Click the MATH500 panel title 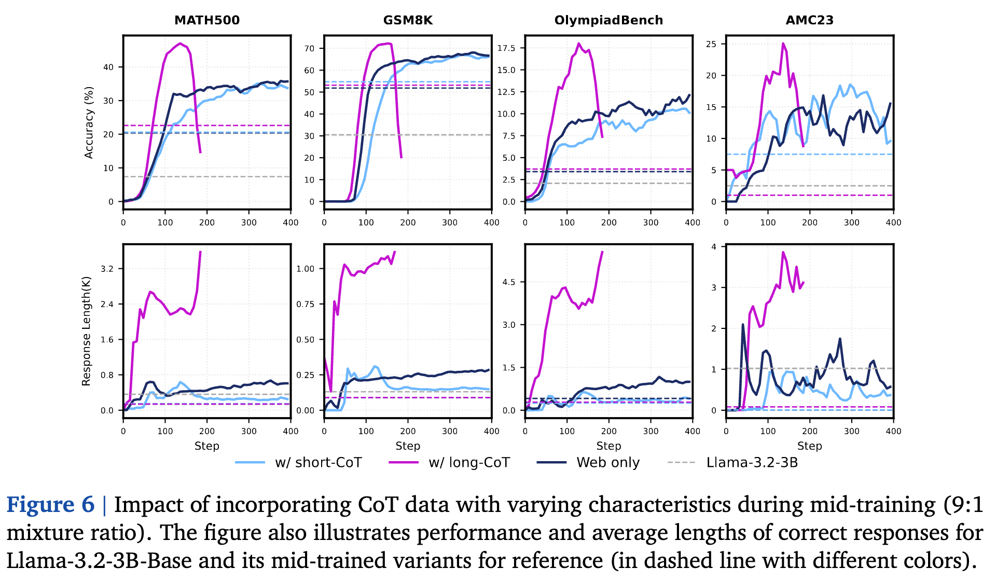(x=206, y=20)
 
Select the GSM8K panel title (x=408, y=20)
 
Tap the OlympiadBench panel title (x=608, y=20)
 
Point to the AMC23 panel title (x=809, y=20)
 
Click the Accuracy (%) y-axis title (x=89, y=122)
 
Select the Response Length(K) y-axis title (x=86, y=331)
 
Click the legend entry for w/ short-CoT (x=318, y=462)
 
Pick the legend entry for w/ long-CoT (x=469, y=462)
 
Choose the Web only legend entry (x=607, y=462)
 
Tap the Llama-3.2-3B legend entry (x=752, y=462)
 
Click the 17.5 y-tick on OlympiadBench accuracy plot (x=506, y=48)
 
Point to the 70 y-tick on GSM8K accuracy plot (x=309, y=49)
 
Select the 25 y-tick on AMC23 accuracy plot (x=711, y=44)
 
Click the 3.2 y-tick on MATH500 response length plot (x=107, y=269)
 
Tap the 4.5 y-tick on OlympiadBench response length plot (x=509, y=282)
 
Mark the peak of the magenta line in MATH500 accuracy (x=180, y=44)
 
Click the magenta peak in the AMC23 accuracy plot (x=783, y=44)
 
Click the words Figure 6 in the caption (x=50, y=505)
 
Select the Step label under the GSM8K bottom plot (x=408, y=446)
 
